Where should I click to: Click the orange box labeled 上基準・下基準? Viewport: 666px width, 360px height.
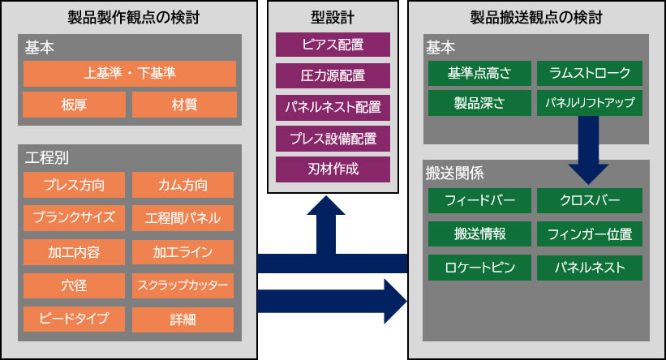click(130, 74)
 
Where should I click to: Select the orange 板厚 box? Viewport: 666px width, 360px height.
click(75, 105)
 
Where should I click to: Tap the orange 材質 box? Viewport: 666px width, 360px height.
click(184, 105)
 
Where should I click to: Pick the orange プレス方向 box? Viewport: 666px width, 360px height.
click(75, 184)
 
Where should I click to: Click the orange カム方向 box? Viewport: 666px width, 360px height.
click(183, 184)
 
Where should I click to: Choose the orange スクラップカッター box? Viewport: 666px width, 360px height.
click(183, 285)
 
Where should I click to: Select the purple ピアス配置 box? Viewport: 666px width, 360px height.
click(333, 45)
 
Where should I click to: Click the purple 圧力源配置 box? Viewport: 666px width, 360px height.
click(333, 75)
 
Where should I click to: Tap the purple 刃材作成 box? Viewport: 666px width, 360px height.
click(333, 169)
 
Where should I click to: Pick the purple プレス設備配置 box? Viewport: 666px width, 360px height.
click(333, 138)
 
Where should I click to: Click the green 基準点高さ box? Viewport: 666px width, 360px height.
click(479, 74)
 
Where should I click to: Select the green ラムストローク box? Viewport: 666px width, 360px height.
click(590, 74)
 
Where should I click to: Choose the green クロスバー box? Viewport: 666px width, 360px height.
click(590, 200)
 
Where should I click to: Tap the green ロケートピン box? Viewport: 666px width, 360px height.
click(479, 268)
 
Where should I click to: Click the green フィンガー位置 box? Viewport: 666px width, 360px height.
click(590, 234)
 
